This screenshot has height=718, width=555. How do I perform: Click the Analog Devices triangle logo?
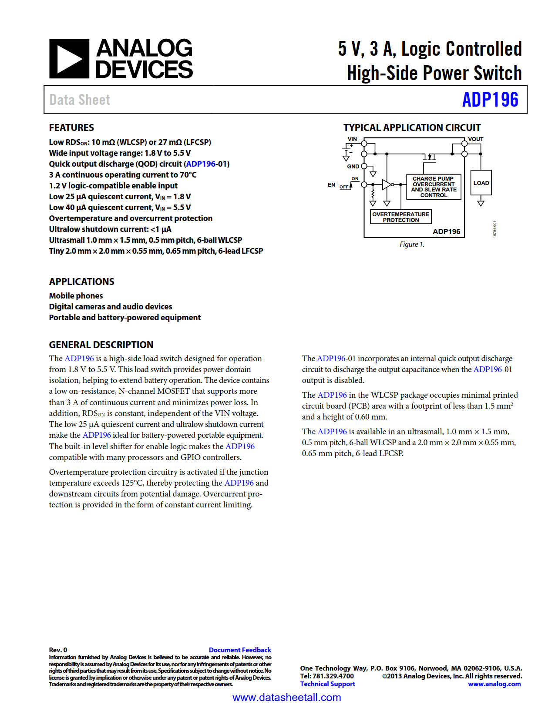69,59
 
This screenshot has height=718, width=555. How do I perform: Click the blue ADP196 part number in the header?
490,100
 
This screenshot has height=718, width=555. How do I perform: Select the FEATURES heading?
71,127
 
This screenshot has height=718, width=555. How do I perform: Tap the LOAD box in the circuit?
481,183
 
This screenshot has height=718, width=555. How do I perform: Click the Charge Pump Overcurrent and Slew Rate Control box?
434,187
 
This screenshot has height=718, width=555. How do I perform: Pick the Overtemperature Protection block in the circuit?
400,217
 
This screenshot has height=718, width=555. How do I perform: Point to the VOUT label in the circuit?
475,139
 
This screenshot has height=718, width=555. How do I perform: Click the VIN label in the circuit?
352,139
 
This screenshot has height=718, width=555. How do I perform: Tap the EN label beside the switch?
331,185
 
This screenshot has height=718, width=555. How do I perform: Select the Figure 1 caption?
412,245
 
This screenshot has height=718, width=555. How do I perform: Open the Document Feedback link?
240,650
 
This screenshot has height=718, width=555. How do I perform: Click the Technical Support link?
327,684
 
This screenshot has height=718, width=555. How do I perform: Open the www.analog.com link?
494,684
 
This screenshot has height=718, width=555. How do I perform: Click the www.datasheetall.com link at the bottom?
286,698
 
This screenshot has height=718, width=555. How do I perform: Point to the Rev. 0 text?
58,650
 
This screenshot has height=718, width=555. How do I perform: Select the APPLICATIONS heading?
81,282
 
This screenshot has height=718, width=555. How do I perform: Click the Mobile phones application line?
76,296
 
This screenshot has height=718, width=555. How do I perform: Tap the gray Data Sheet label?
80,100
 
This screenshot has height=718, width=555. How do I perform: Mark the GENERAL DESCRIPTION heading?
101,345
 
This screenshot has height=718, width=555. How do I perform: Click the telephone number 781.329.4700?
333,676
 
